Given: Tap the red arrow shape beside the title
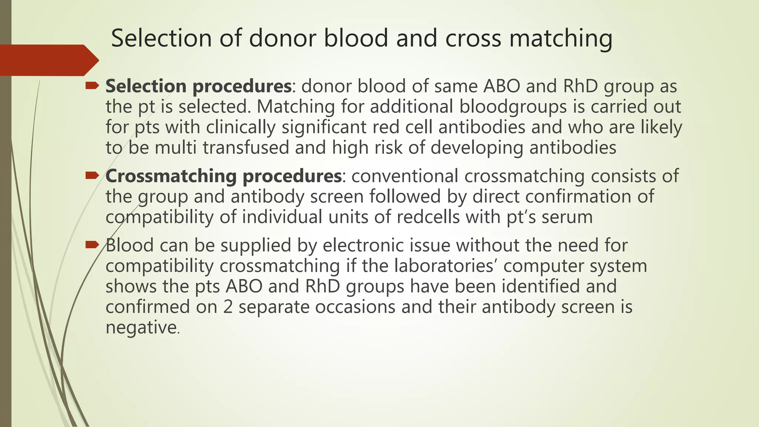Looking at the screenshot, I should [x=48, y=60].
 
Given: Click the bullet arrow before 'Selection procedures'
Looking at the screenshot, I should [x=92, y=86].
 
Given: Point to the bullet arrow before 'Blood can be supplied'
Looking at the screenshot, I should [x=92, y=245].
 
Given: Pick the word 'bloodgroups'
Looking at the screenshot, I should [x=513, y=107].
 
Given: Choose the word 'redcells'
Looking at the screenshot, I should [x=428, y=217].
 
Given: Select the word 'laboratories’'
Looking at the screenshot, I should [x=445, y=266].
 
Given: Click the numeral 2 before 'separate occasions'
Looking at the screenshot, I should [x=228, y=307].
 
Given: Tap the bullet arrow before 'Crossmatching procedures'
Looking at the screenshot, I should [x=92, y=176].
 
